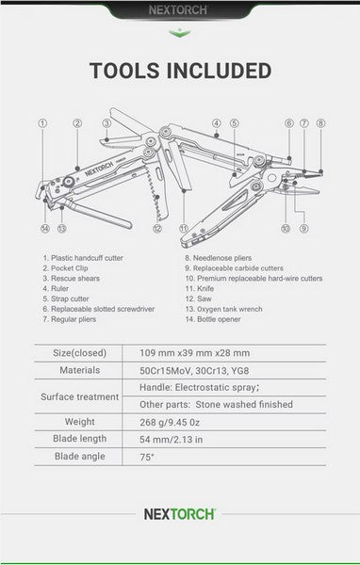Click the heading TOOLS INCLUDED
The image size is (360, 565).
[180, 72]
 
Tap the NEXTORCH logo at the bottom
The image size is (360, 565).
[179, 514]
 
